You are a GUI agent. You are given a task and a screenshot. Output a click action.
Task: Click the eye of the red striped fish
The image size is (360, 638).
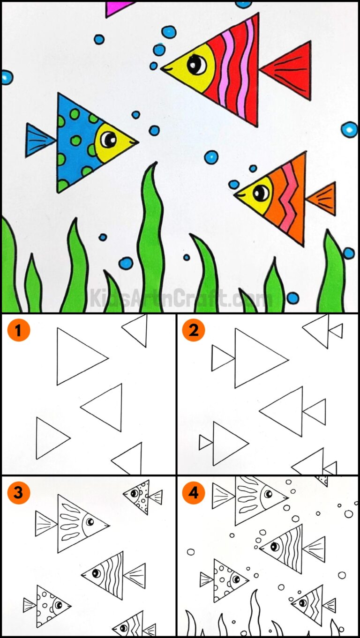click(196, 65)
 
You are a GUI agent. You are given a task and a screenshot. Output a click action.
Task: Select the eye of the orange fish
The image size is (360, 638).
click(261, 193)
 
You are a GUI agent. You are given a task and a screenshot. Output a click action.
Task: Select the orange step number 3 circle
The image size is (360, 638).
click(18, 492)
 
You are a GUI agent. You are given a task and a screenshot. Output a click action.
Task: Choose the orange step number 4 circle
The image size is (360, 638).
click(194, 492)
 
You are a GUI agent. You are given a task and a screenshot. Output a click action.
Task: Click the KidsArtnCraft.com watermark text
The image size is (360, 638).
click(180, 298)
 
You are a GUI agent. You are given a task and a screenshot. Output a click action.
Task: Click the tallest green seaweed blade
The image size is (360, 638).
click(151, 244)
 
